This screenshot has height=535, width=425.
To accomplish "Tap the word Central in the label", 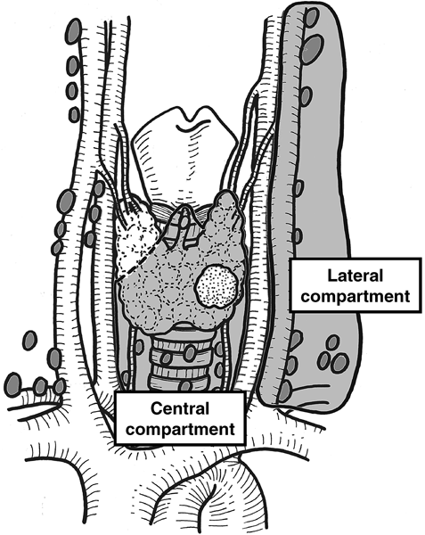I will [180, 409].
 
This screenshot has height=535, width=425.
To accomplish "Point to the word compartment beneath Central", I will [180, 429].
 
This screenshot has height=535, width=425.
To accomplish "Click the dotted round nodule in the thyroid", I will [216, 287].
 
